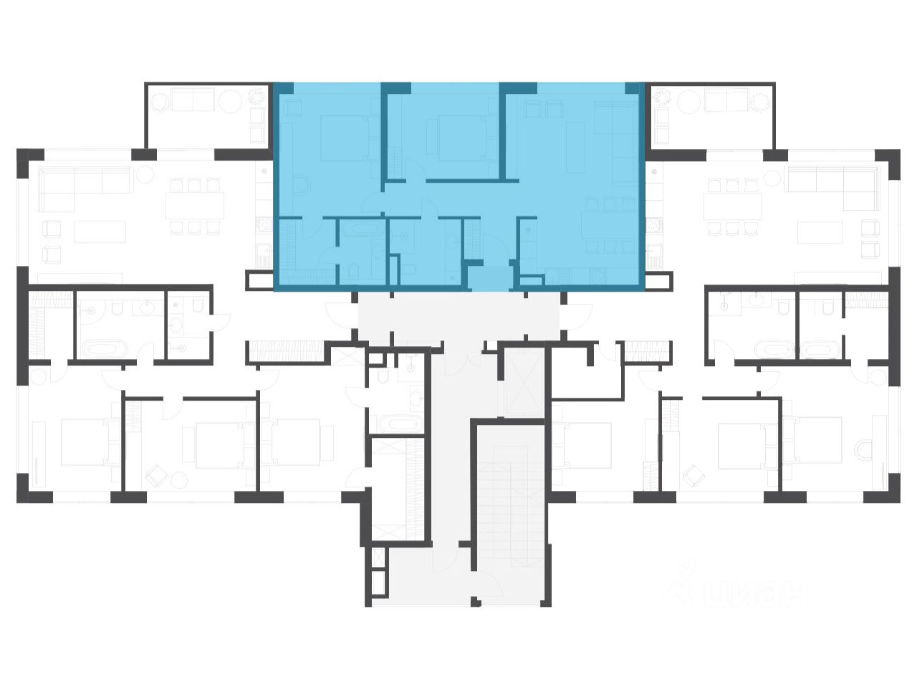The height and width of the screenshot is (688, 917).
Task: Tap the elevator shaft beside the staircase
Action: click(x=521, y=383)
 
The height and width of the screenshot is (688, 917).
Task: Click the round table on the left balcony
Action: click(x=231, y=101)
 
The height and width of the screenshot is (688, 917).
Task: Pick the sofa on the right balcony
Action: click(x=727, y=100)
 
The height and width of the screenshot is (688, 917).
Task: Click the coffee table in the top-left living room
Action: click(x=100, y=231)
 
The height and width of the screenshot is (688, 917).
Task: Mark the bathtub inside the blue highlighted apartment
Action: click(x=362, y=231)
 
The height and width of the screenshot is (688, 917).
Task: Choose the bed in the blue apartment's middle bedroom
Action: click(x=458, y=138)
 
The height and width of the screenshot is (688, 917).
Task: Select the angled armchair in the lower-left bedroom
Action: click(x=155, y=475)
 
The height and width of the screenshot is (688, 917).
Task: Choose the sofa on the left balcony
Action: click(x=192, y=100)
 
